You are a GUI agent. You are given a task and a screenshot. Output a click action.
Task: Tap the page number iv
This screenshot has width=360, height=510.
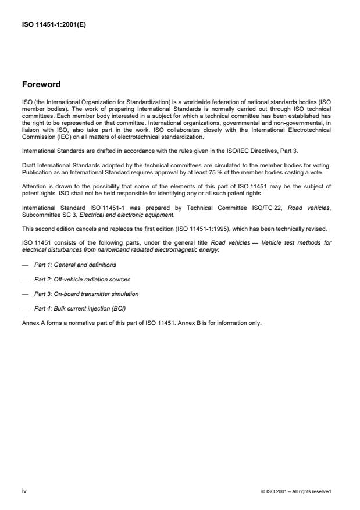tap(24, 491)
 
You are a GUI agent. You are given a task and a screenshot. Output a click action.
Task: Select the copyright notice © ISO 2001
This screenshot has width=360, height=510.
tap(296, 491)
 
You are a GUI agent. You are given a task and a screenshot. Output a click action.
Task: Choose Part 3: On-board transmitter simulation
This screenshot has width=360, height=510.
tap(86, 293)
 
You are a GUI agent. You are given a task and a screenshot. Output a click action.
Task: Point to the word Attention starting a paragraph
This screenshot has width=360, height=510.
tap(33, 186)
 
